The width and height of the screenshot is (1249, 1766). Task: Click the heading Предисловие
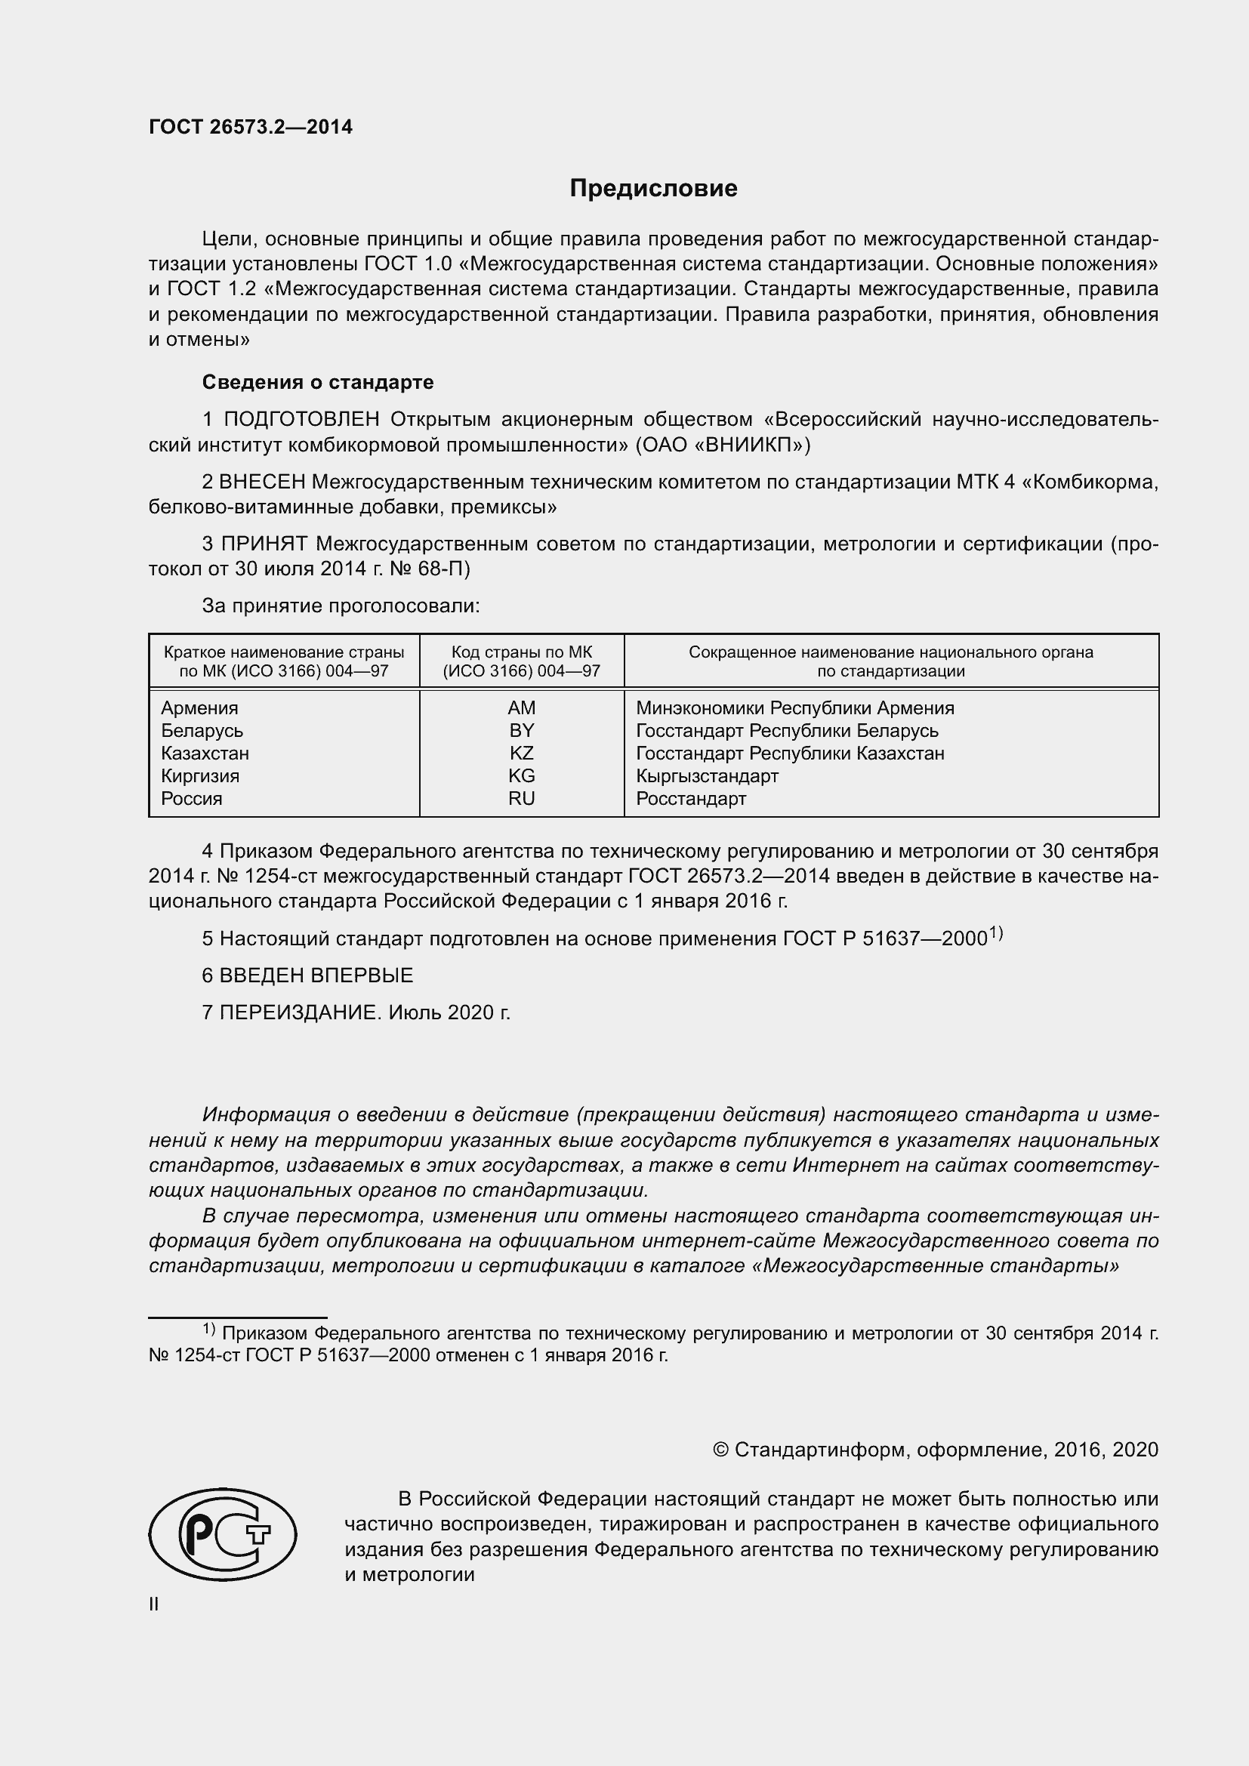point(653,189)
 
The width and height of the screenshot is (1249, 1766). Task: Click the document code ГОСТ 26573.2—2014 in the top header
point(251,127)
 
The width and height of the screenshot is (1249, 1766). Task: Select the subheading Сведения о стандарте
point(318,382)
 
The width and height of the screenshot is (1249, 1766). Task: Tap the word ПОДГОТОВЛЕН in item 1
point(301,419)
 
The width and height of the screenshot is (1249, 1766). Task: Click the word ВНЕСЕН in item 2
point(262,482)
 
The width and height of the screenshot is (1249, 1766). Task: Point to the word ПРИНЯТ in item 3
point(264,544)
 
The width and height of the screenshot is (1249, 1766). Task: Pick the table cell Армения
point(200,707)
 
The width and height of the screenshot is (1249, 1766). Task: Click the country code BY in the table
point(522,730)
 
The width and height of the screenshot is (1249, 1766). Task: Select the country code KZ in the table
point(522,753)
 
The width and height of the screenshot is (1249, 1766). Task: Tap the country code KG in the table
point(522,775)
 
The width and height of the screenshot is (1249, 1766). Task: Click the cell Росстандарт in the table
point(691,798)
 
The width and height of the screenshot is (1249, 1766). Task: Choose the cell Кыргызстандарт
point(707,775)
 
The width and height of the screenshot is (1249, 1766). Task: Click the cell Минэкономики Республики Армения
point(794,707)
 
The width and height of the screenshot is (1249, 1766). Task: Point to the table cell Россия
point(192,798)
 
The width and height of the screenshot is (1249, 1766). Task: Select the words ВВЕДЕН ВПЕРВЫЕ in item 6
point(316,975)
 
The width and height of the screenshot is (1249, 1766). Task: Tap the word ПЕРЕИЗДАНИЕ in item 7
point(300,1012)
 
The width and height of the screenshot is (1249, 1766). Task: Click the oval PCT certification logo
point(222,1533)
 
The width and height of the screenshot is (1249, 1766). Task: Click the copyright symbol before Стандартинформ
point(720,1450)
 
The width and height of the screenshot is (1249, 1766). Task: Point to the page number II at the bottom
point(154,1604)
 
